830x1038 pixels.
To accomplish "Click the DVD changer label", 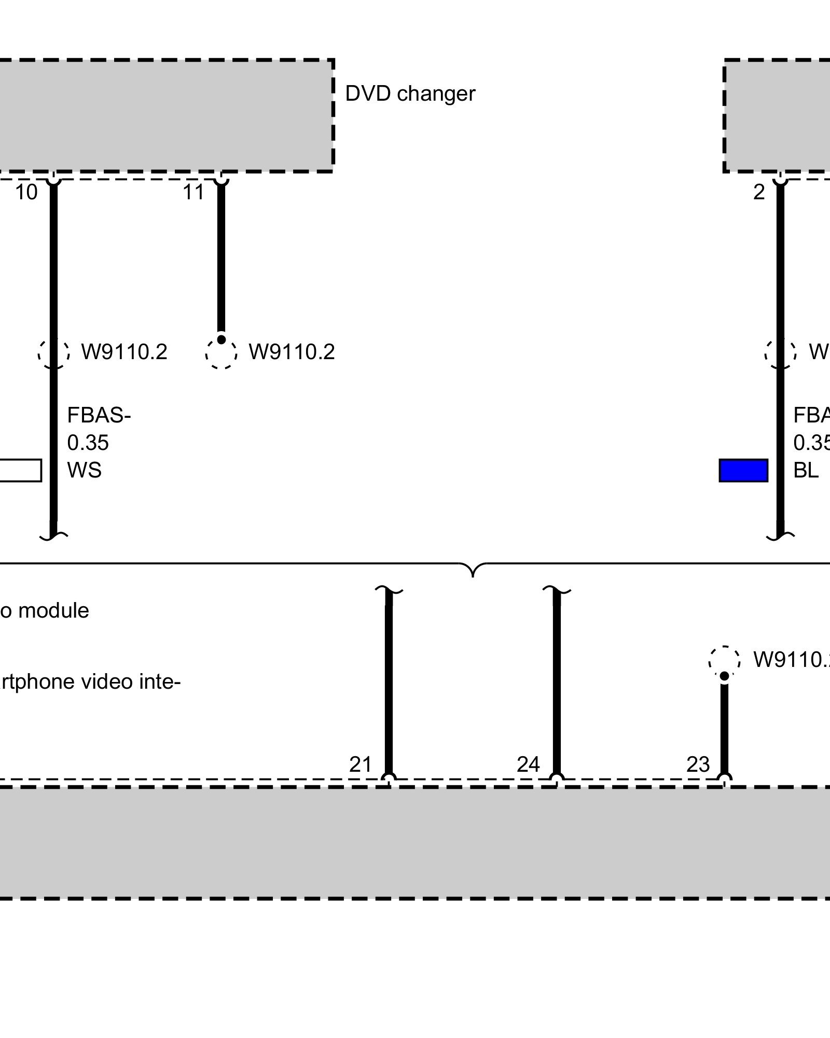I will coord(410,94).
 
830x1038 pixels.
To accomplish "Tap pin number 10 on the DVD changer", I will coord(26,193).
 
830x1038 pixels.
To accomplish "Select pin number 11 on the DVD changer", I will coord(193,193).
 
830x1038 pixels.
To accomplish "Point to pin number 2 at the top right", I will coord(759,193).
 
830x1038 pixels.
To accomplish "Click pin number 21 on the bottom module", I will coord(361,764).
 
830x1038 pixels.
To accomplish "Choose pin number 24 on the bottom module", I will coord(528,764).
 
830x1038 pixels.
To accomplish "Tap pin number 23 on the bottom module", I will coord(698,764).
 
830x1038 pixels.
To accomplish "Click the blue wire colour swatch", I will coord(743,470).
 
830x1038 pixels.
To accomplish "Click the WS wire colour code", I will coord(84,470).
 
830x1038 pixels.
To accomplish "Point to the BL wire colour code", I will coord(806,470).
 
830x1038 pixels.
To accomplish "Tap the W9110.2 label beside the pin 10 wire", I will coord(125,352).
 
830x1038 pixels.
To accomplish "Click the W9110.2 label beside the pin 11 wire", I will coord(292,352).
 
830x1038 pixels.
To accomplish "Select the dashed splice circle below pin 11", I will coord(221,353).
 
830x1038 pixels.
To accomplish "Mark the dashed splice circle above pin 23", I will coord(724,661).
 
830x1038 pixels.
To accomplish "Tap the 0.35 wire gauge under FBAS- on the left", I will coord(88,443).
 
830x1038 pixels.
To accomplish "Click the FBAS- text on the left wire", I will coord(99,416).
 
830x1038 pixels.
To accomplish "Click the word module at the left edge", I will coord(53,611).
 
